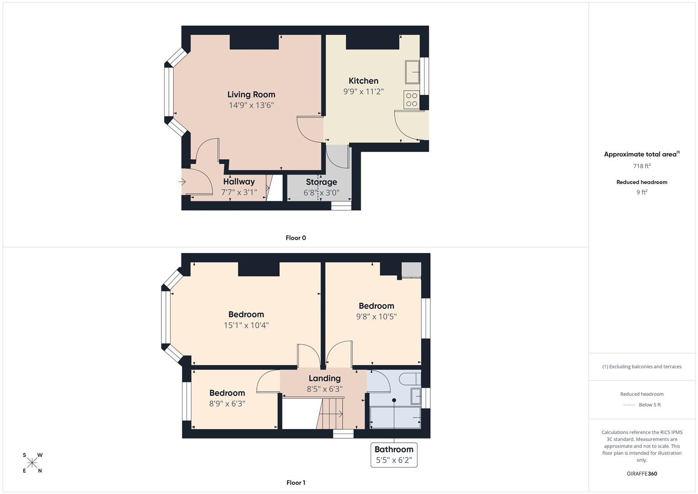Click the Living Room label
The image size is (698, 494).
(251, 95)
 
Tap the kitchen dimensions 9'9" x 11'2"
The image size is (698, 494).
(363, 91)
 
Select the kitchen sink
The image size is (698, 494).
(412, 72)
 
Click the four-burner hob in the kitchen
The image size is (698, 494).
(412, 100)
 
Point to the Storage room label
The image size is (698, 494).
(321, 182)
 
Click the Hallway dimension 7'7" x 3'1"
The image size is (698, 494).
(239, 193)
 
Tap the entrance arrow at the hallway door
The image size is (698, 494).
(182, 182)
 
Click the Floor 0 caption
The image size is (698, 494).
(296, 238)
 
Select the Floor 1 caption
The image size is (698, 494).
(296, 483)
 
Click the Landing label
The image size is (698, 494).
(325, 378)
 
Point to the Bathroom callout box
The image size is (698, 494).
(394, 455)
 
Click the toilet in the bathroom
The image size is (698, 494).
(410, 379)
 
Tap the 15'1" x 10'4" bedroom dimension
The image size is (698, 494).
(246, 325)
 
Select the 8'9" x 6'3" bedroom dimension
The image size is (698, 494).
(227, 404)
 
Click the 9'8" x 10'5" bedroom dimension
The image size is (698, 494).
(376, 317)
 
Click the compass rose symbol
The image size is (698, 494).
(32, 463)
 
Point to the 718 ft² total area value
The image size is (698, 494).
(642, 166)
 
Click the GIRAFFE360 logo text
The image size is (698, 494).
(642, 474)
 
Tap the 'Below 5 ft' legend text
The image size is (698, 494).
(650, 405)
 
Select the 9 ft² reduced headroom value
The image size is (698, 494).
(642, 192)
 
